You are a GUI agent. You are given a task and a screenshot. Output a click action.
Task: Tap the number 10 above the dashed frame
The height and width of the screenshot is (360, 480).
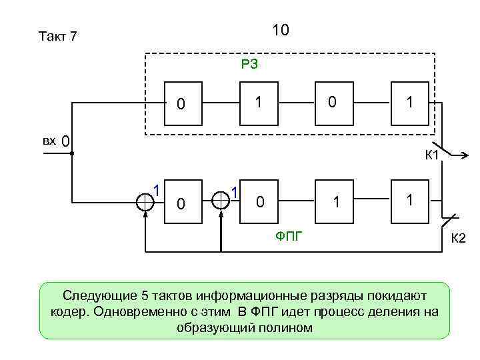pyautogui.click(x=281, y=30)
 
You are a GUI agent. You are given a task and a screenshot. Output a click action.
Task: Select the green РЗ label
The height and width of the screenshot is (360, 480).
pyautogui.click(x=250, y=65)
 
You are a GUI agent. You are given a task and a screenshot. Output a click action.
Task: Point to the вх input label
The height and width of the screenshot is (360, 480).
pyautogui.click(x=49, y=141)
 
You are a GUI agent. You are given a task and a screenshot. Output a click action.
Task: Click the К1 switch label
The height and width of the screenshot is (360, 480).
pyautogui.click(x=431, y=157)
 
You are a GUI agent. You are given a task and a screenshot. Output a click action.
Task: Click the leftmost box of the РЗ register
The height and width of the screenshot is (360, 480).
pyautogui.click(x=180, y=103)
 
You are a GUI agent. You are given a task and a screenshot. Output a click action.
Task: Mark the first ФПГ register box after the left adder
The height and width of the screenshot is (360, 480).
pyautogui.click(x=180, y=202)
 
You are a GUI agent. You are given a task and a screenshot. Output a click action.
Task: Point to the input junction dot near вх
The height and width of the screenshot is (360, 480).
pyautogui.click(x=71, y=153)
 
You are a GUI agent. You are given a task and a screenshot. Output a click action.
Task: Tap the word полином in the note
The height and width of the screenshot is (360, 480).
pyautogui.click(x=288, y=327)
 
